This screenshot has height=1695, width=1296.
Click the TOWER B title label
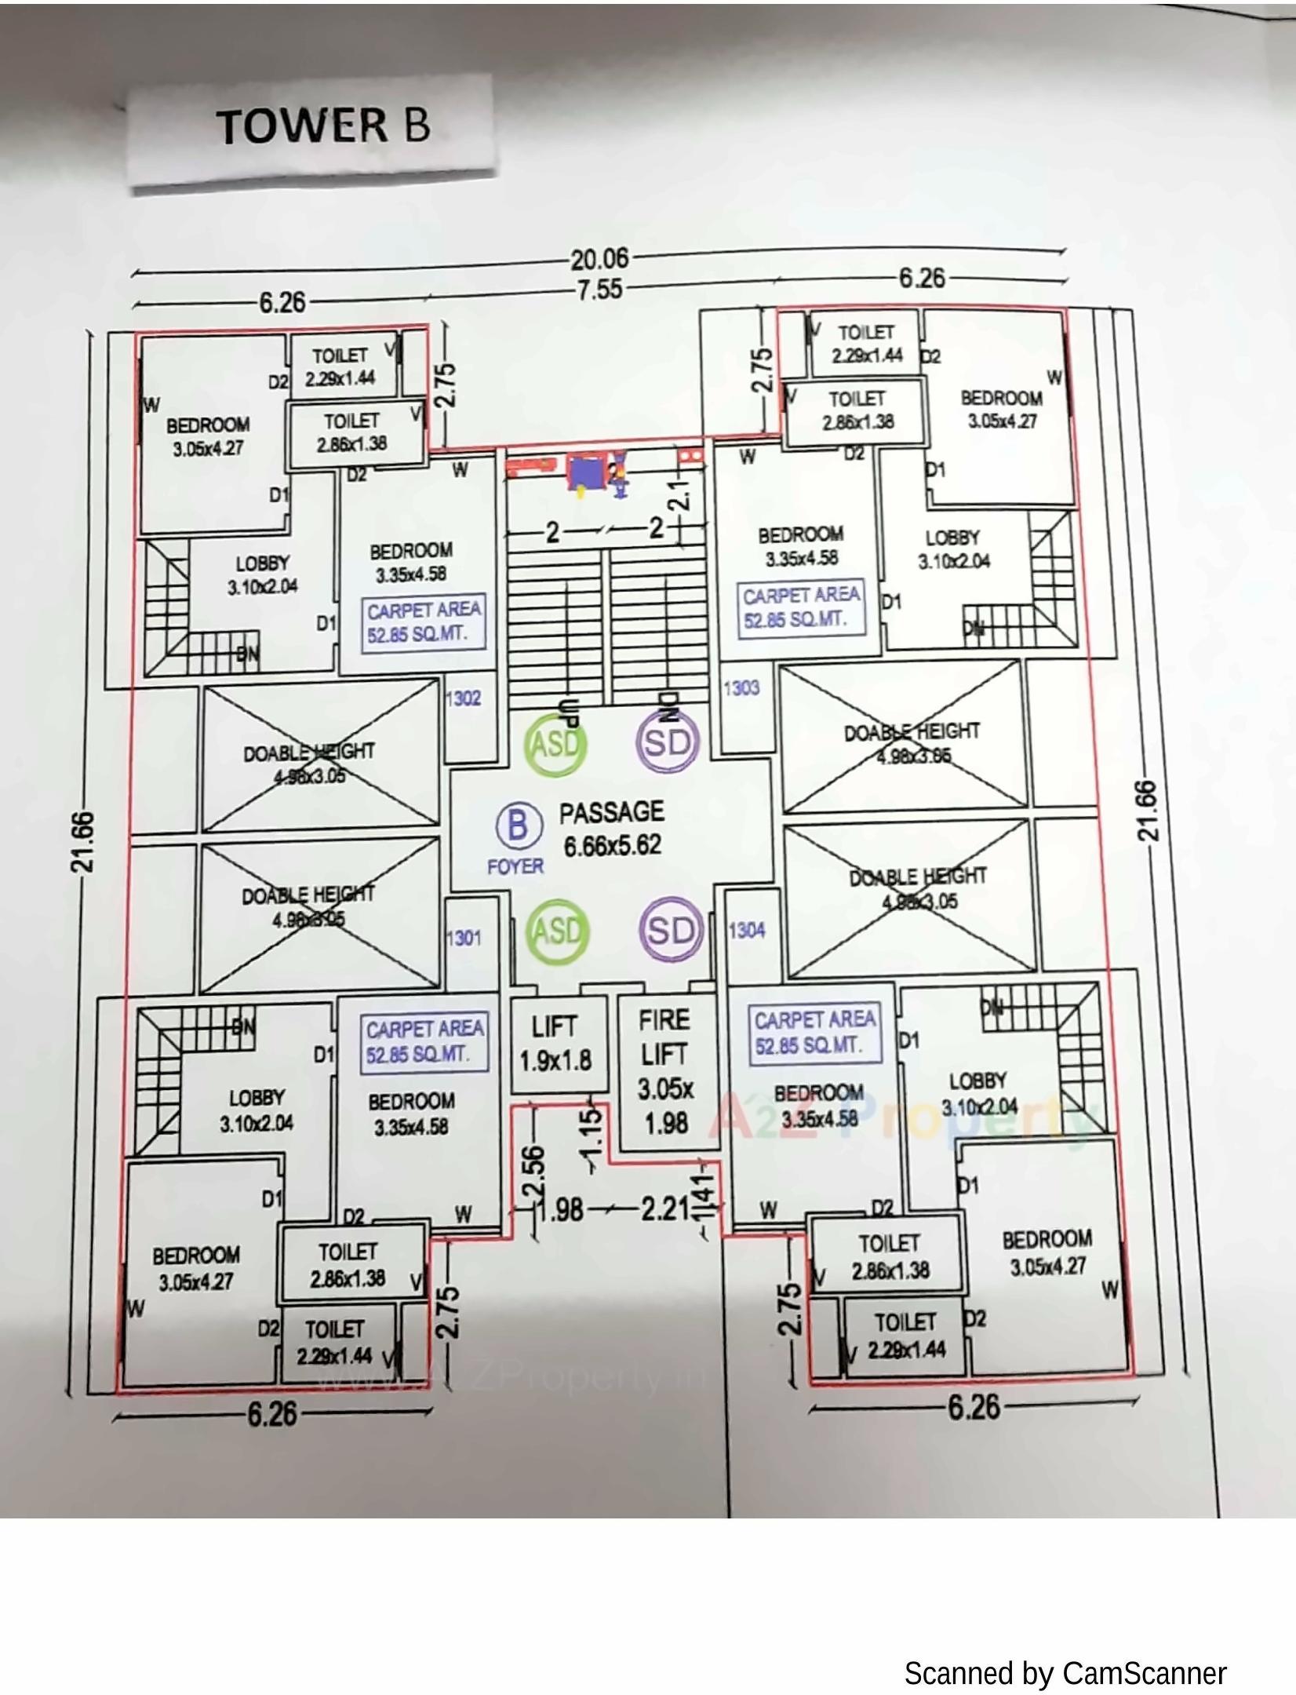coord(322,126)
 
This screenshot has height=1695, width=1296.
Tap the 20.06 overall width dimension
coord(599,258)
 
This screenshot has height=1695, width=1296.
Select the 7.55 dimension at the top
coord(599,290)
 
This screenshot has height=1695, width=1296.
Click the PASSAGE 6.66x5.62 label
coord(612,829)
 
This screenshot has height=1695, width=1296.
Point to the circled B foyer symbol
coord(518,826)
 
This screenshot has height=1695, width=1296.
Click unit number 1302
coord(463,698)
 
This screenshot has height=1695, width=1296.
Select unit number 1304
coord(747,931)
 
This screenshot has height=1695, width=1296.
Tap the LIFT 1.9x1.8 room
coord(556,1044)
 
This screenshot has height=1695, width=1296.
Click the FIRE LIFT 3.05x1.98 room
coord(665,1071)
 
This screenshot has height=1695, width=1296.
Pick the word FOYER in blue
coord(515,866)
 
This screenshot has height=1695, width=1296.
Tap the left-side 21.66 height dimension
coord(84,842)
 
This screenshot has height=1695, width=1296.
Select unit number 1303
coord(741,688)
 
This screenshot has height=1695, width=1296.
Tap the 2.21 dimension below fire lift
coord(664,1209)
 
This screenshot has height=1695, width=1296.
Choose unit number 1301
coord(463,939)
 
